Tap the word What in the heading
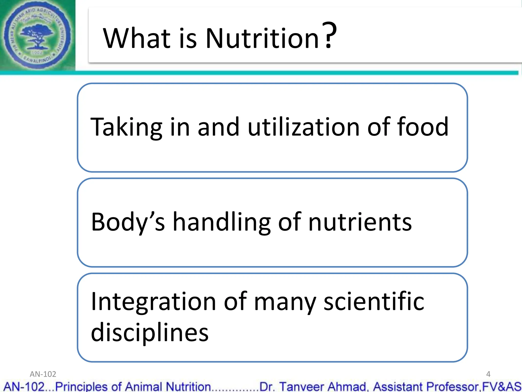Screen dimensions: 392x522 [x=137, y=38]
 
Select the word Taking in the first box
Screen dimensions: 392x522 [x=126, y=127]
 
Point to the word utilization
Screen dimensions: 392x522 [x=303, y=127]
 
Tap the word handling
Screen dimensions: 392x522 [x=221, y=222]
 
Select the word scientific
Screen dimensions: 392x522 [x=374, y=302]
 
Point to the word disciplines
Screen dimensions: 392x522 [x=150, y=332]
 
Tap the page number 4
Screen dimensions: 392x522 [x=488, y=374]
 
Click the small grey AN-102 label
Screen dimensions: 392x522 [x=43, y=374]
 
